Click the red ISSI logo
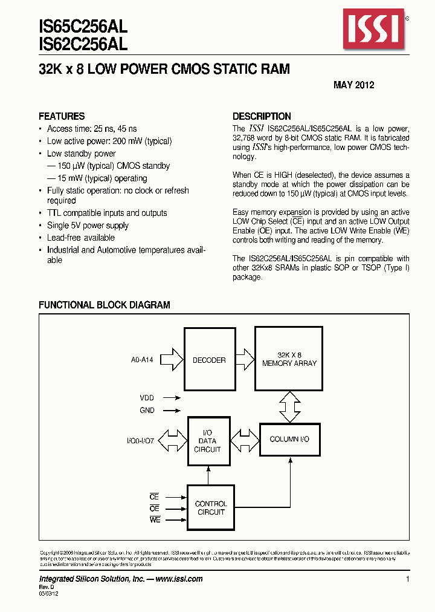tap(372, 29)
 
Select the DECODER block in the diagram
tap(208, 360)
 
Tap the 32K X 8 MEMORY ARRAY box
tap(289, 359)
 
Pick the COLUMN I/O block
tap(289, 439)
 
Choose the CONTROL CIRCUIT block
tap(211, 507)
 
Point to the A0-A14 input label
tap(142, 360)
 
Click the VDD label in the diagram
tap(147, 398)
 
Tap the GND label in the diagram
tap(147, 410)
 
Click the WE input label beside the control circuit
tap(155, 520)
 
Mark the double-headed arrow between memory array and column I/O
tap(289, 406)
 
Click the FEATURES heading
tap(62, 116)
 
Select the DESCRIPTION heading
tap(262, 116)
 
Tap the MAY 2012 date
tap(353, 85)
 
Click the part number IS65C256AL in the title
tap(83, 26)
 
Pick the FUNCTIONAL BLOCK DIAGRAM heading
tap(104, 305)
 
